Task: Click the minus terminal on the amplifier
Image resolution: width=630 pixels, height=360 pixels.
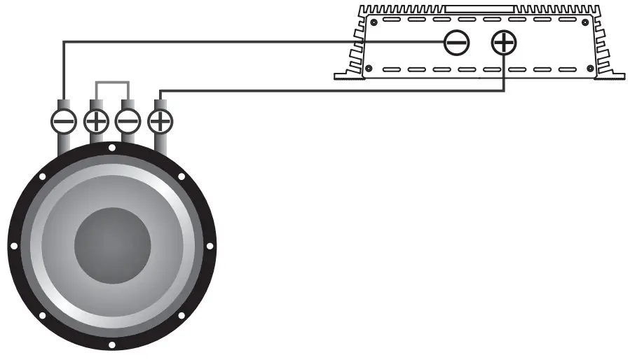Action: (x=456, y=43)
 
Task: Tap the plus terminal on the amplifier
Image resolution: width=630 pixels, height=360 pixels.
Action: (x=503, y=43)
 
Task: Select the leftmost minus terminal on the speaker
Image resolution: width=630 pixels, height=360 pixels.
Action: (x=63, y=121)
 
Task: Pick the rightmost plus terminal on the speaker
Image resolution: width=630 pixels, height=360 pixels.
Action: (x=161, y=121)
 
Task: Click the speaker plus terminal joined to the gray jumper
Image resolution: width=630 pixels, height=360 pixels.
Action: (x=96, y=121)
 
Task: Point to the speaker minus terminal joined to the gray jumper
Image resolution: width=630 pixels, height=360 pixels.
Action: (x=128, y=121)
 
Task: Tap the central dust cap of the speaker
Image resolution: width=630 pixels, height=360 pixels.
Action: (x=112, y=244)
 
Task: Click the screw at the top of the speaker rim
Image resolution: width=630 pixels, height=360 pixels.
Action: (x=112, y=147)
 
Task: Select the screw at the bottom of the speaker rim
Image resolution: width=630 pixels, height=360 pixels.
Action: (x=112, y=345)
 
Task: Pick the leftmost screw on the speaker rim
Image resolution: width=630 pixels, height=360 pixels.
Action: (x=13, y=245)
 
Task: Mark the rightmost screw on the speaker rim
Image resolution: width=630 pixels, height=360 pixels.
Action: (x=212, y=245)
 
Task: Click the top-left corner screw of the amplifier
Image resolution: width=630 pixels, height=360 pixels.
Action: (x=374, y=22)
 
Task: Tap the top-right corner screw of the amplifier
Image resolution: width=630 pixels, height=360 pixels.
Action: (x=587, y=22)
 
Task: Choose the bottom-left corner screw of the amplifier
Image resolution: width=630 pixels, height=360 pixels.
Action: (x=369, y=69)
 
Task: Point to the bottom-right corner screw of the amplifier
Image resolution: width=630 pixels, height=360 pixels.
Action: (x=591, y=69)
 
